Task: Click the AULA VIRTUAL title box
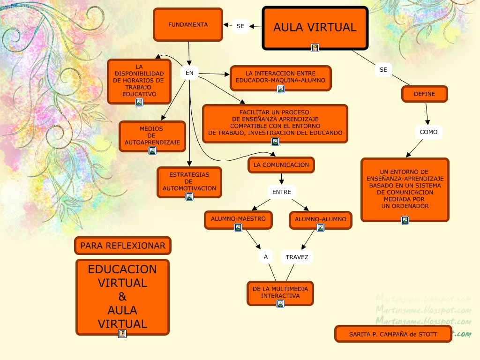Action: pos(315,27)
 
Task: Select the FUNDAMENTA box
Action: pos(188,25)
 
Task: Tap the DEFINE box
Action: pos(424,94)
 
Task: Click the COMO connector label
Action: pos(428,132)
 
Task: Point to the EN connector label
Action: pos(189,73)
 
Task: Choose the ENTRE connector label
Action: pos(282,192)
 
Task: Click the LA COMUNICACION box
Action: pos(281,165)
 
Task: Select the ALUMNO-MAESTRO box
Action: pos(238,219)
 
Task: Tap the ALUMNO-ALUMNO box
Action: pos(320,219)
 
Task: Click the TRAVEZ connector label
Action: pos(297,257)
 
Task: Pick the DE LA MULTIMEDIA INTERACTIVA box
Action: pos(280,292)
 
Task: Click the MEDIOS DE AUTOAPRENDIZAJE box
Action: pos(152,135)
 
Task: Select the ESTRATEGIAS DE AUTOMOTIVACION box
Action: pos(189,181)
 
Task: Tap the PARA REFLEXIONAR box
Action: pos(122,246)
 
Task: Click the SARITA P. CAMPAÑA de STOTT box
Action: pos(393,334)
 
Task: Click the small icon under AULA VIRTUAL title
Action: pos(315,48)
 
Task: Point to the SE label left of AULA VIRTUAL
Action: pos(240,26)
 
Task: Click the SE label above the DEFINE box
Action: pos(383,69)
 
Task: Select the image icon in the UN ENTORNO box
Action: pos(405,220)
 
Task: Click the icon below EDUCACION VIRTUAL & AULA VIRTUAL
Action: pos(122,334)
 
